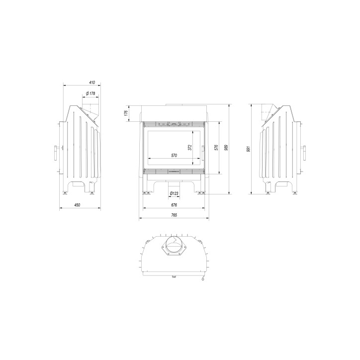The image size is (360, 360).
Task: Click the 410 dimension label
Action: pos(92,82)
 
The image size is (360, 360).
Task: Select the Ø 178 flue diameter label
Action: pos(90,93)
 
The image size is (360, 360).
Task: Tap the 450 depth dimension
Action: pos(78,205)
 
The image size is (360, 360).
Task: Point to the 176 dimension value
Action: pos(126,113)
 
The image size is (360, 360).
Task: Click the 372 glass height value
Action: pos(189,147)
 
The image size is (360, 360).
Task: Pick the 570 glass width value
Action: pos(174,156)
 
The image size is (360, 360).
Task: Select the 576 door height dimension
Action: pos(216,147)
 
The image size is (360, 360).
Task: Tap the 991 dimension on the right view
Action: pos(248,149)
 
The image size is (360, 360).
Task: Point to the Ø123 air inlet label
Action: pos(174,193)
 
